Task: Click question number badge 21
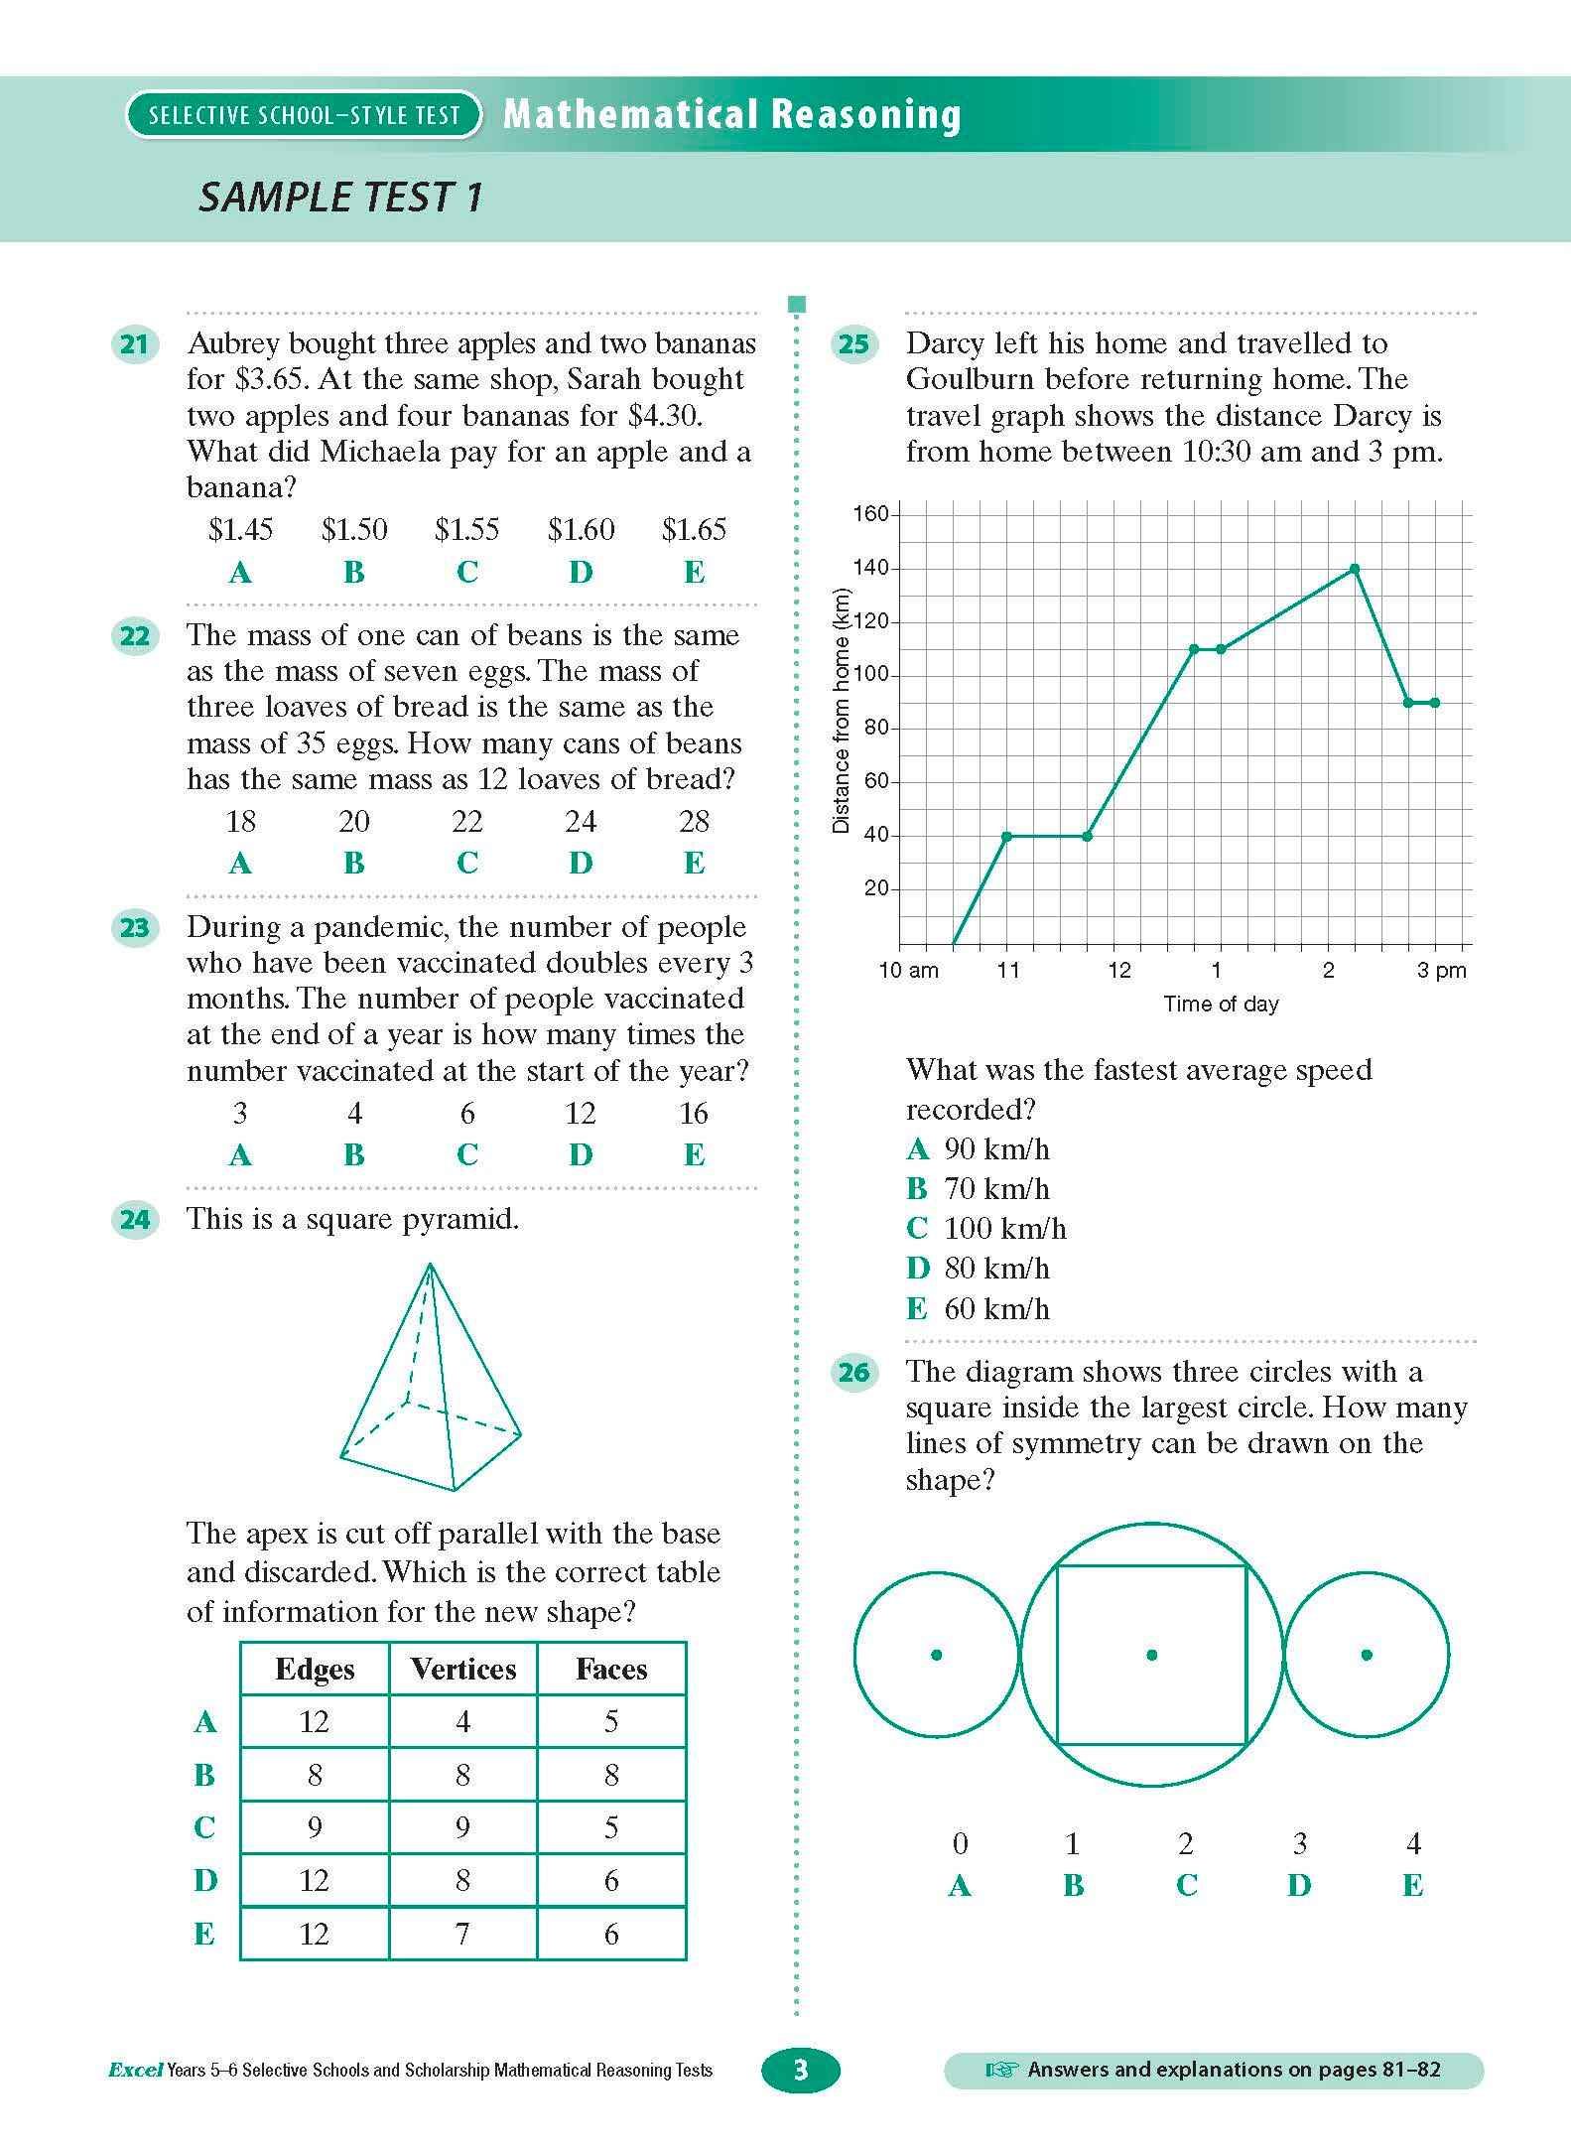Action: tap(134, 344)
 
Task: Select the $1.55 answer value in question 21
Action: tap(466, 529)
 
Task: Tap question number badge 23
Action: tap(134, 928)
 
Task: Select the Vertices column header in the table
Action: tap(463, 1669)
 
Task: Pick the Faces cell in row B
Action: tap(611, 1775)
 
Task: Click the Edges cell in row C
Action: tap(315, 1827)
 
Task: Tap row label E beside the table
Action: tap(204, 1934)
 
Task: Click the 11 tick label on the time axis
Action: tap(1008, 970)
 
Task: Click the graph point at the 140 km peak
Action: tap(1355, 569)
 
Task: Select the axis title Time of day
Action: tap(1221, 1004)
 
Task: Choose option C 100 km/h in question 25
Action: tap(986, 1229)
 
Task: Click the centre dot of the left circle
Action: tap(936, 1655)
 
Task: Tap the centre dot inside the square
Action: tap(1151, 1655)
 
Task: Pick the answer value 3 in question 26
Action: tap(1299, 1843)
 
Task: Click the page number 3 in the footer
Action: tap(801, 2070)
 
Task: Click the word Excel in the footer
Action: tap(135, 2071)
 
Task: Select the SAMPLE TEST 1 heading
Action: tap(340, 197)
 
